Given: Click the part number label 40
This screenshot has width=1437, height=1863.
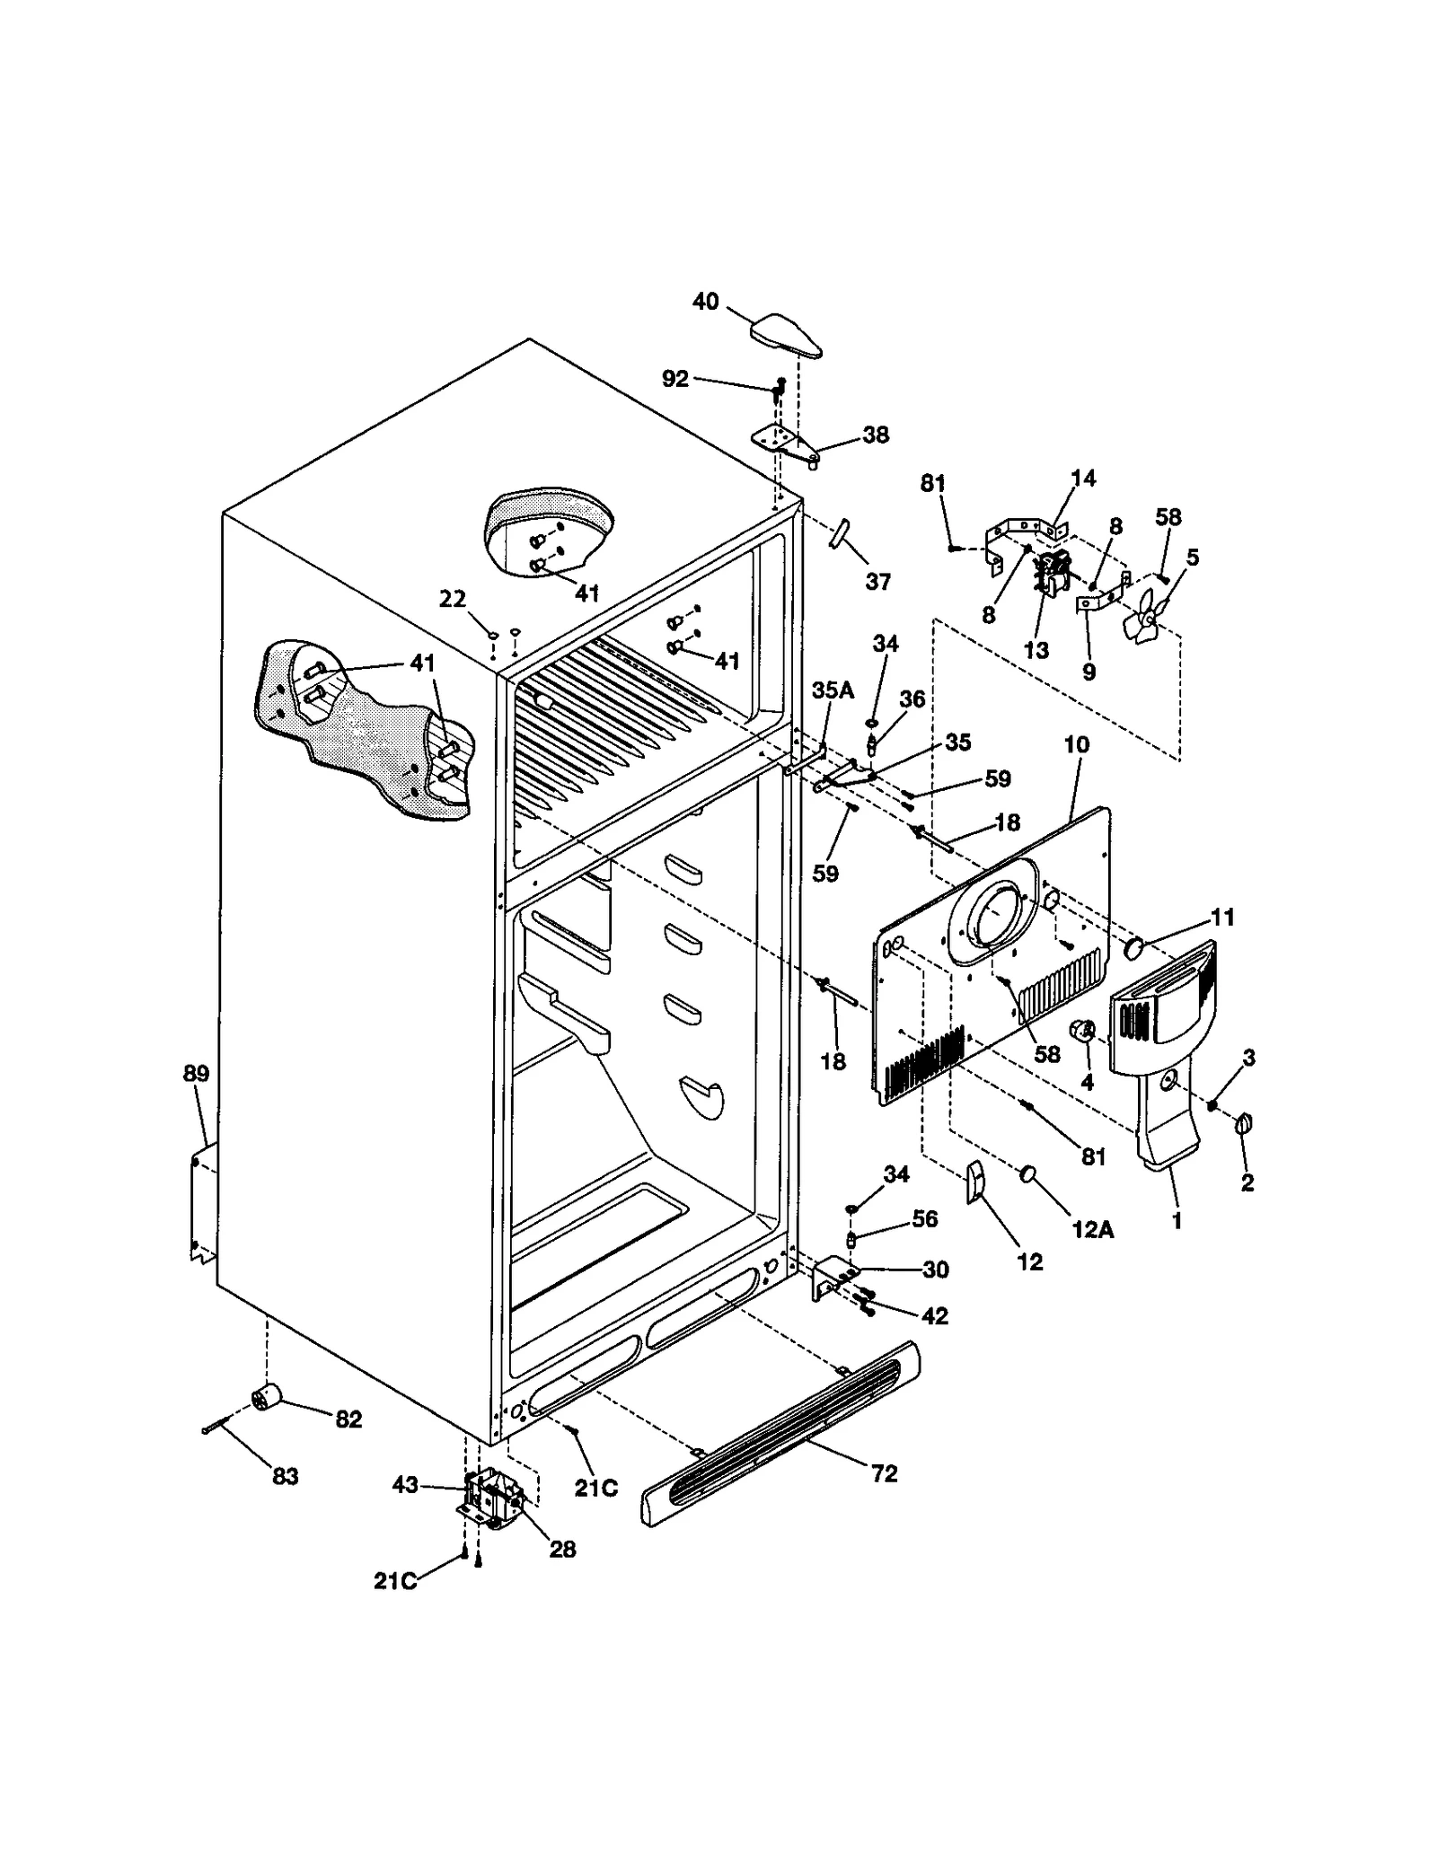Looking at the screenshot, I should coord(705,302).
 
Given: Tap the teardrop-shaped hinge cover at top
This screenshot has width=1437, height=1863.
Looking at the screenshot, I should coord(786,335).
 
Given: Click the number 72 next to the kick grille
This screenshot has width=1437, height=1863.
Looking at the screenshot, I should coord(884,1473).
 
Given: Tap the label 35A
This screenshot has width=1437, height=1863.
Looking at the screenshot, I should coord(832,690).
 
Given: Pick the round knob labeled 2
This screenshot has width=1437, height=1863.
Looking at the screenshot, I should coord(1245,1123).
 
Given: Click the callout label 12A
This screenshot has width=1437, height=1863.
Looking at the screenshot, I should coord(1092,1229).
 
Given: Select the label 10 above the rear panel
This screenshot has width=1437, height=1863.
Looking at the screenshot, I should coord(1076,744).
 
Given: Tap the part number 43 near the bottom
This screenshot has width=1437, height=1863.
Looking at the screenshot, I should coord(405,1485).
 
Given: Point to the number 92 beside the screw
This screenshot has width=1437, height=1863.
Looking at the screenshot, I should coord(674,379).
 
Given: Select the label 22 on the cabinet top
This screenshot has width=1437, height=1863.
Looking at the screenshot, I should coord(453,598).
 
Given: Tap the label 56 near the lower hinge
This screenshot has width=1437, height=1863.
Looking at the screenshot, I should coord(924,1218).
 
